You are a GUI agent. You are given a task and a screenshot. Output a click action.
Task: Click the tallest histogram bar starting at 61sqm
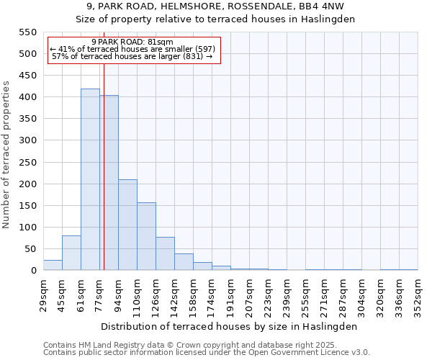pyautogui.click(x=90, y=180)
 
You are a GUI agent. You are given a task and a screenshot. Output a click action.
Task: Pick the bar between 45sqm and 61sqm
pyautogui.click(x=71, y=253)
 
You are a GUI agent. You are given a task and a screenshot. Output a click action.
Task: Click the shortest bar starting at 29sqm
pyautogui.click(x=53, y=265)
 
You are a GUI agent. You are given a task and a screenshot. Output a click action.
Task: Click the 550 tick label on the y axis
pyautogui.click(x=27, y=32)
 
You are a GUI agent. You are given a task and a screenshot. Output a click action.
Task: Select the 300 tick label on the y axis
pyautogui.click(x=27, y=140)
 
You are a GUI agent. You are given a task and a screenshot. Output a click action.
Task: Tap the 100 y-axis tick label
pyautogui.click(x=27, y=228)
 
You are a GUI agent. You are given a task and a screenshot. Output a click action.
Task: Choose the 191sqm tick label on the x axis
pyautogui.click(x=230, y=294)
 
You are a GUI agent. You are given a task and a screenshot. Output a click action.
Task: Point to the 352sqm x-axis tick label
pyautogui.click(x=418, y=294)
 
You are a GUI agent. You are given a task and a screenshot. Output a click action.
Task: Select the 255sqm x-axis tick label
pyautogui.click(x=305, y=294)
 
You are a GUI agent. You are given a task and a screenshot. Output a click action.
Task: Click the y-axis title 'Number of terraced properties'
pyautogui.click(x=7, y=155)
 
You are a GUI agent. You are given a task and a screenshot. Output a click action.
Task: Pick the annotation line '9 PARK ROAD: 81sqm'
pyautogui.click(x=132, y=42)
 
